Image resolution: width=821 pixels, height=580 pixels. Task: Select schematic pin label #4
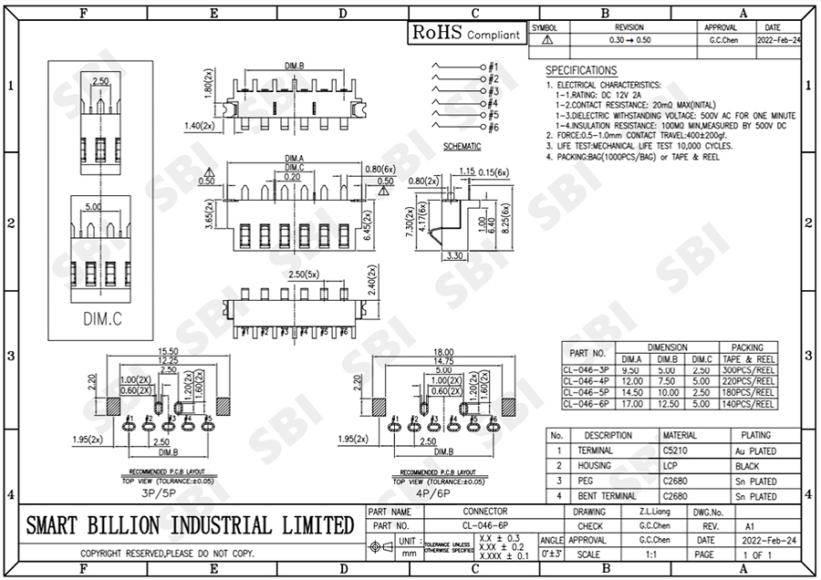pos(494,103)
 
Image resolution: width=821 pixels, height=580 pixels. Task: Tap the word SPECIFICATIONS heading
pos(581,70)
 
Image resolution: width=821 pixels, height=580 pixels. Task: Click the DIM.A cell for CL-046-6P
pos(631,403)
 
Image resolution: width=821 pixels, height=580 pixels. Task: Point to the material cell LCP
pos(675,465)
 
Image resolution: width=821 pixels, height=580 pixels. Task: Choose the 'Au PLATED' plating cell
pos(755,451)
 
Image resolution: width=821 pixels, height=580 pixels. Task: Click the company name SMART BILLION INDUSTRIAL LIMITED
pos(190,525)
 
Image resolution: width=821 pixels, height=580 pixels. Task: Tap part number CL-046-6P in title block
pos(485,526)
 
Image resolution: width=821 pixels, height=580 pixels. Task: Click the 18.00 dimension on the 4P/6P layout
pos(443,351)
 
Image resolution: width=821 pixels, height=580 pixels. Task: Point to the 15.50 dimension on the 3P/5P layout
pos(167,351)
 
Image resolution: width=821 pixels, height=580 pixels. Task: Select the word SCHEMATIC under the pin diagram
pos(462,146)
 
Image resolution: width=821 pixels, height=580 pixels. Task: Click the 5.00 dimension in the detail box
pos(94,207)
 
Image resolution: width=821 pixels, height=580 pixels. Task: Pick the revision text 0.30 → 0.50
pos(629,41)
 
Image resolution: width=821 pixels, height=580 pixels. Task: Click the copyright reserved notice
pos(167,554)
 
